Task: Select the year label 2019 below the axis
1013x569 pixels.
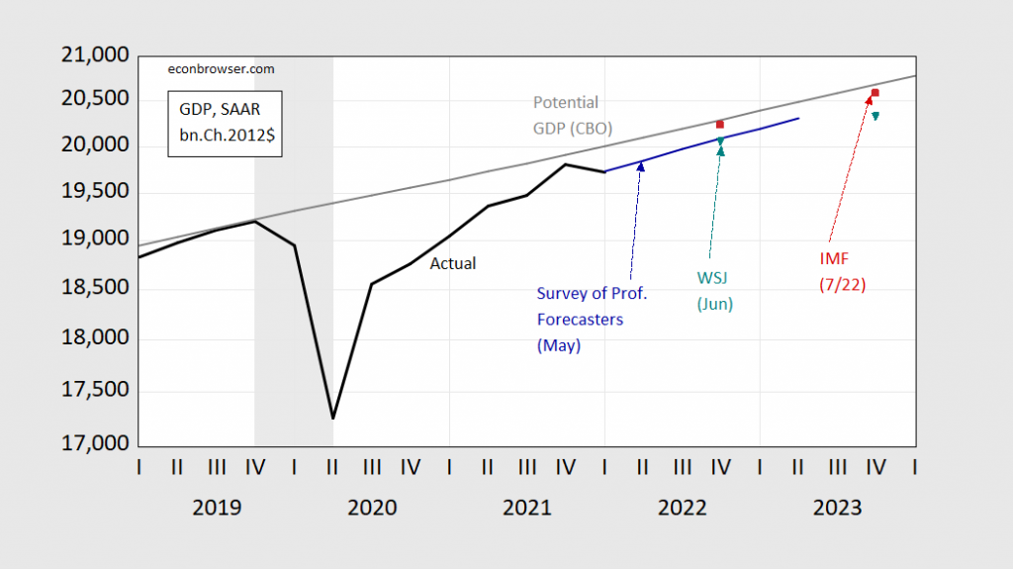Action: click(x=217, y=508)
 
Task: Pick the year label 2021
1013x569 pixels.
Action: click(x=526, y=508)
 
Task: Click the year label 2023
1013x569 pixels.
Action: click(x=837, y=508)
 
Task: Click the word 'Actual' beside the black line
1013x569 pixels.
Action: click(x=452, y=263)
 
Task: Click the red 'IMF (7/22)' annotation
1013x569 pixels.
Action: click(x=841, y=271)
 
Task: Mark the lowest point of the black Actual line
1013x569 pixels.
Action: click(x=332, y=419)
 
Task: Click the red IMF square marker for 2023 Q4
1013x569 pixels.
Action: click(x=875, y=93)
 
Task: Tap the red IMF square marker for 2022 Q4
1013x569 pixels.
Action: click(x=720, y=125)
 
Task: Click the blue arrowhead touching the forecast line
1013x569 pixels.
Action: click(x=641, y=165)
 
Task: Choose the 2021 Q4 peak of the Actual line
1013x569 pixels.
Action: click(x=565, y=164)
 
